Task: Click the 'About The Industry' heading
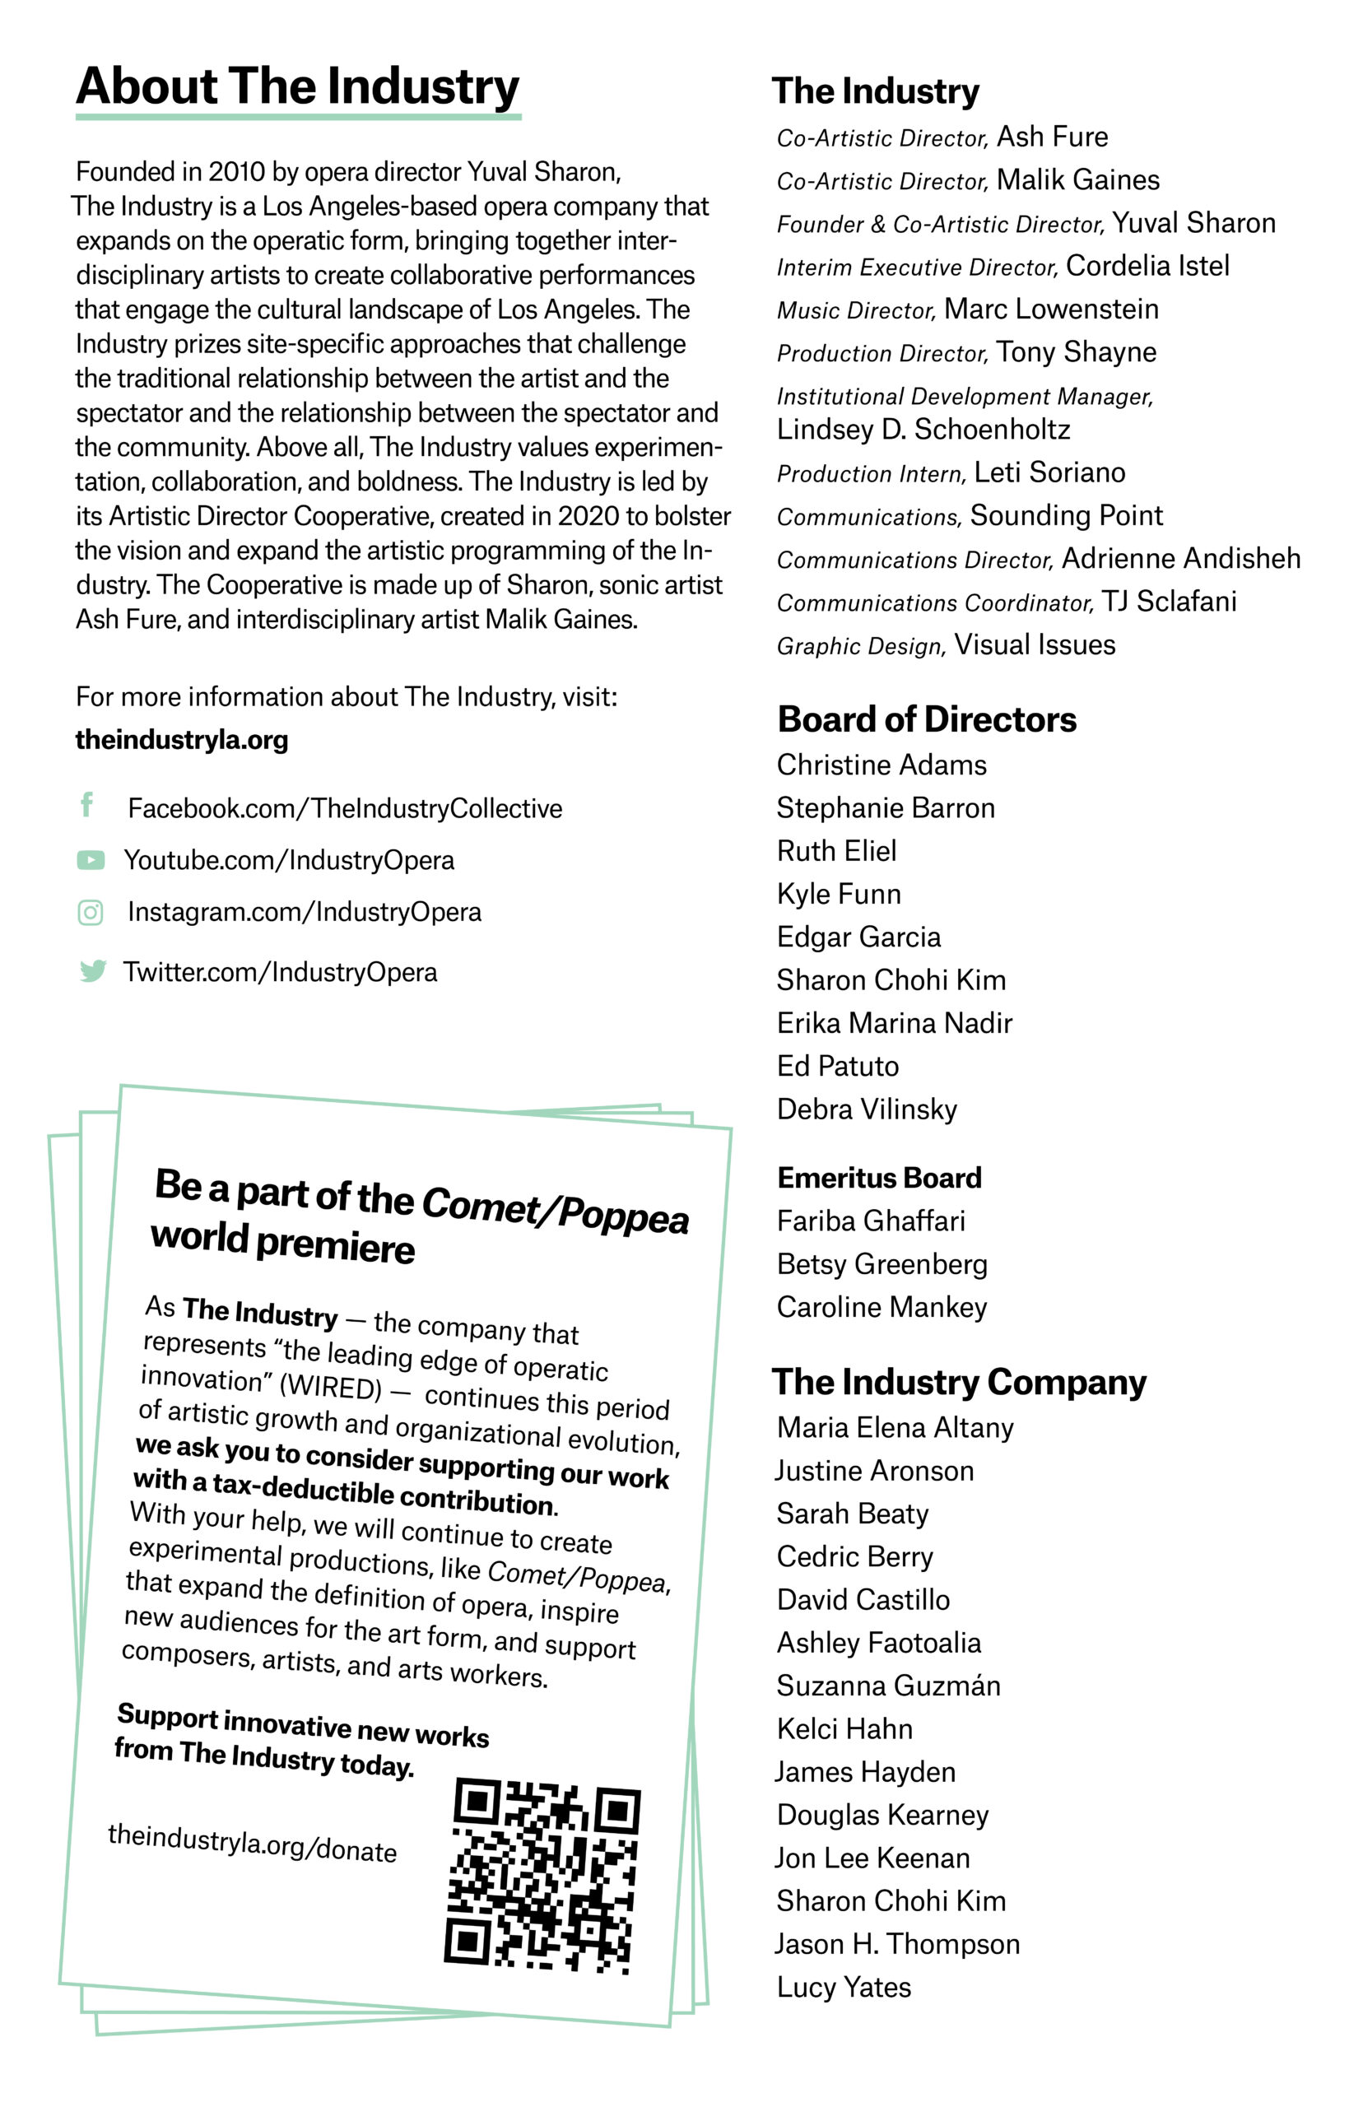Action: point(297,86)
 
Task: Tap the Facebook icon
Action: point(86,804)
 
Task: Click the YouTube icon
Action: point(91,859)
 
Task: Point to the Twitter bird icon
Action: point(92,970)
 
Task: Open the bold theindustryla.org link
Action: point(181,739)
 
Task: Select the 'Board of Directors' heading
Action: point(927,719)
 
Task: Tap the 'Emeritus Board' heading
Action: point(879,1178)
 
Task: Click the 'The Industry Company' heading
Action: point(959,1381)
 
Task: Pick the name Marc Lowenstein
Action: point(1050,309)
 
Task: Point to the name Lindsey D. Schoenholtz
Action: point(923,429)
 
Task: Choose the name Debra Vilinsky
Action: point(867,1109)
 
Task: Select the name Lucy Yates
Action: point(844,1987)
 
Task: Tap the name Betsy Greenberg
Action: point(882,1263)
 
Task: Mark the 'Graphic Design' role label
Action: point(860,646)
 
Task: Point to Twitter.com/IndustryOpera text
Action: point(280,972)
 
